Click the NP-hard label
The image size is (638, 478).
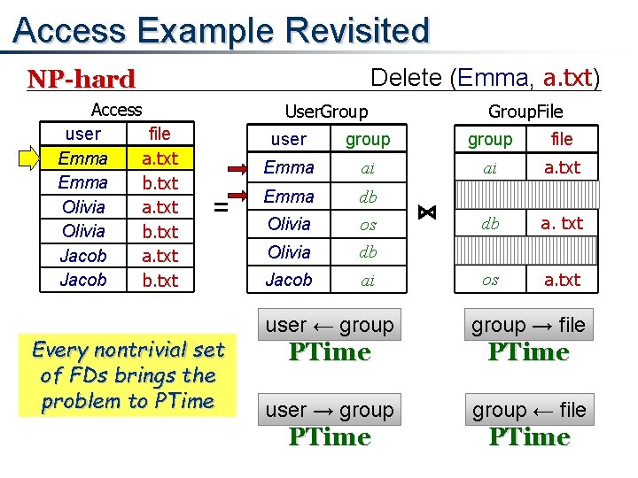point(82,79)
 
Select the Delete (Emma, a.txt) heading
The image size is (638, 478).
point(485,78)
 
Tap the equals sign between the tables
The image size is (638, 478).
point(222,206)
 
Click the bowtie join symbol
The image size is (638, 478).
point(426,212)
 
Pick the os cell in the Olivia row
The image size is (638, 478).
point(367,224)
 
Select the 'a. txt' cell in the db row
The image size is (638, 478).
point(562,224)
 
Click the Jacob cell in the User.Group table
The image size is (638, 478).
point(289,280)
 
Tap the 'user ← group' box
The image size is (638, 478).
point(330,325)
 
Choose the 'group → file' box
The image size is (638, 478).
point(528,325)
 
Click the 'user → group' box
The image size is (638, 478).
point(330,410)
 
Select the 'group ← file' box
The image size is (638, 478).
point(528,410)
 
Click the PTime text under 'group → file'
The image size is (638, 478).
point(528,352)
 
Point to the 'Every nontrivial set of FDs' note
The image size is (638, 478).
point(128,375)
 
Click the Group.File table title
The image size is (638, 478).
point(525,112)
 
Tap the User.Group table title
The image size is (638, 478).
point(325,112)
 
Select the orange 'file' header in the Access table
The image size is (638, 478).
point(159,135)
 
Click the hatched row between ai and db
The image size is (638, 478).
point(526,196)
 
